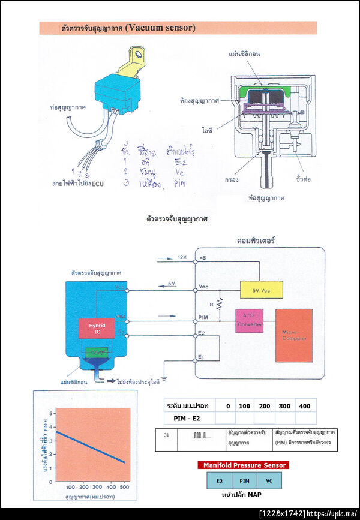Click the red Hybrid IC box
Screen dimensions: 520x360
tap(97, 328)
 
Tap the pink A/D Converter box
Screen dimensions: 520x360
tap(250, 321)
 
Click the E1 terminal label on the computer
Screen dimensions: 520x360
tap(202, 359)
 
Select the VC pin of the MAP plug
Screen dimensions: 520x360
tap(269, 480)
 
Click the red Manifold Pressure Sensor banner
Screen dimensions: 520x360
tap(244, 465)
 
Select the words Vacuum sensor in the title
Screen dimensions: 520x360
tap(161, 28)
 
